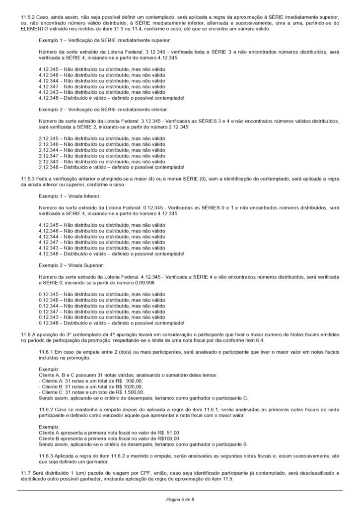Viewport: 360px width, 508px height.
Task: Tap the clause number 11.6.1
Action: (47, 351)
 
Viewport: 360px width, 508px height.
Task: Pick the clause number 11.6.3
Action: (47, 455)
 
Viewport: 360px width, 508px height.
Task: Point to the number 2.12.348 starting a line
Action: (48, 167)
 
